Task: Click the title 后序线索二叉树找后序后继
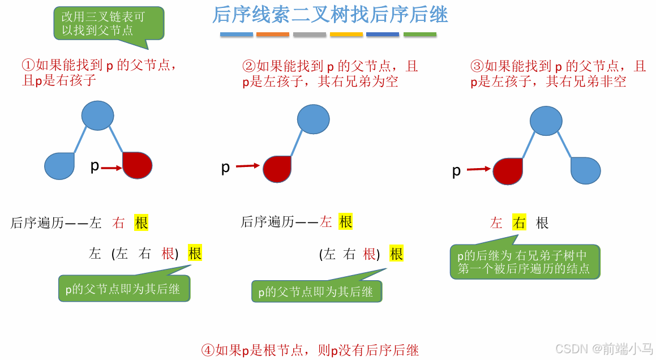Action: coord(330,15)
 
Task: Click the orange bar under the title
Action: coord(273,35)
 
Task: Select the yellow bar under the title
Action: coord(346,35)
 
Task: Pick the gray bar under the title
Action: coord(310,35)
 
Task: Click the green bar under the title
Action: coord(420,35)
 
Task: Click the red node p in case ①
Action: coord(138,166)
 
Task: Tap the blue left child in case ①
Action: coord(59,166)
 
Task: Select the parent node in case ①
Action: coord(98,115)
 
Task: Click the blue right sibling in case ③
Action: coord(585,170)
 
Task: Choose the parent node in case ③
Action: coord(546,120)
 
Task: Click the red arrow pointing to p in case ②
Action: coord(247,166)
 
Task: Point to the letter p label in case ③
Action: coord(456,171)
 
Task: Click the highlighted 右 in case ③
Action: coord(519,223)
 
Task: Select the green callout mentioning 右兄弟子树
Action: coord(524,262)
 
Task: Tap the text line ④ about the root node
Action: coord(310,350)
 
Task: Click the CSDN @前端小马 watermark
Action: coord(604,349)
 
